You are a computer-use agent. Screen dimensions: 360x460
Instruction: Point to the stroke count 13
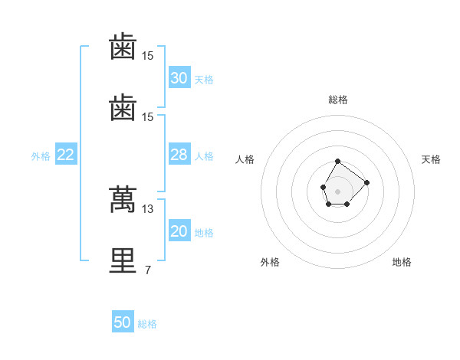[148, 208]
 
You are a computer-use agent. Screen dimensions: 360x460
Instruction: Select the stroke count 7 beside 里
[147, 270]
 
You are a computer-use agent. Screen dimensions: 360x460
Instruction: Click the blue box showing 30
[179, 78]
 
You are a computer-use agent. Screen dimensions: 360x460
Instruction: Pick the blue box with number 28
[179, 155]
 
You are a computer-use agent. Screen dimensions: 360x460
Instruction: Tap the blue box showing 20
[179, 231]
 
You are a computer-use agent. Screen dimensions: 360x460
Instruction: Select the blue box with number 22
[65, 155]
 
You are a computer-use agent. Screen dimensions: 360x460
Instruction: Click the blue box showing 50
[123, 322]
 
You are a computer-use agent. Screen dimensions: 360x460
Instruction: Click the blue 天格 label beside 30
[204, 80]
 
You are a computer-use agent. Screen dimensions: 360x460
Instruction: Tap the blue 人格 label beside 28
[204, 156]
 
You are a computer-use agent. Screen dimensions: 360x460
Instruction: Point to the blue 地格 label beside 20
[204, 233]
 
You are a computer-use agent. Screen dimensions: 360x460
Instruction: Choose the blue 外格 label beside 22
[41, 156]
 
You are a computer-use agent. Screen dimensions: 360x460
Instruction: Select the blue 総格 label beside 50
[147, 324]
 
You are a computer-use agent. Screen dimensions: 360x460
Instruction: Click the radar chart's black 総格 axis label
[338, 100]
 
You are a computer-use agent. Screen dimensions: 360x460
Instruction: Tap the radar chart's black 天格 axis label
[432, 159]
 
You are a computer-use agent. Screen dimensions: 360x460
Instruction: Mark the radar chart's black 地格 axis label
[402, 262]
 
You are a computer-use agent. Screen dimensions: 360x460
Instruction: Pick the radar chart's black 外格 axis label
[270, 262]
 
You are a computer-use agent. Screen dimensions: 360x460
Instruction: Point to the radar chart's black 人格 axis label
[245, 159]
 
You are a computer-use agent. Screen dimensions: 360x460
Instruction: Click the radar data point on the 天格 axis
[366, 182]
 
